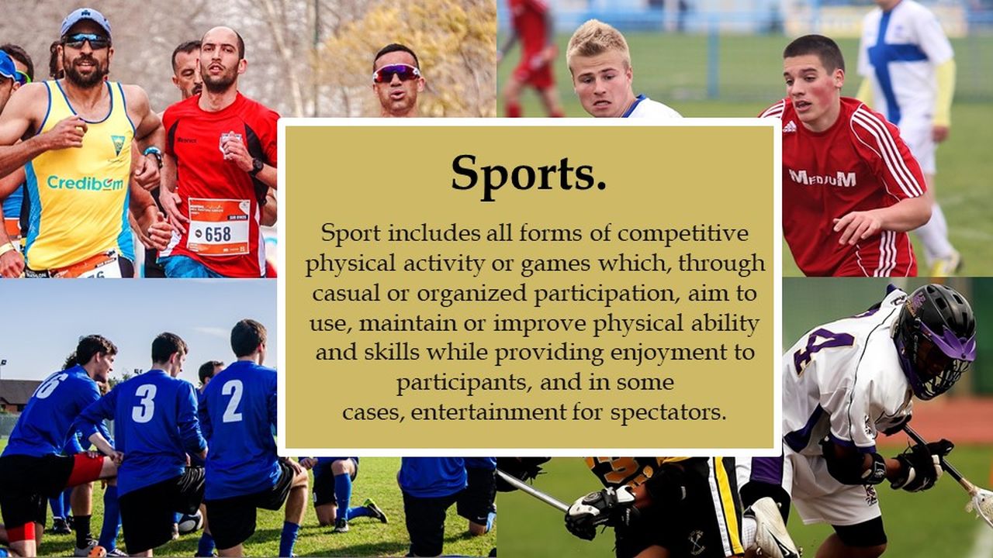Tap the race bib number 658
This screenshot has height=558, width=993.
click(218, 233)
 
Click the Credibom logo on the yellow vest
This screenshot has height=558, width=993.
click(86, 184)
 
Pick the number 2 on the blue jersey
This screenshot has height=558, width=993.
click(233, 401)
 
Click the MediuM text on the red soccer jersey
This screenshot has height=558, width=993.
click(822, 178)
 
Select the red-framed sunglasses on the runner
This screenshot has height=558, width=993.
click(396, 73)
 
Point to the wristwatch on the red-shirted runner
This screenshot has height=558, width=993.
click(256, 167)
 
